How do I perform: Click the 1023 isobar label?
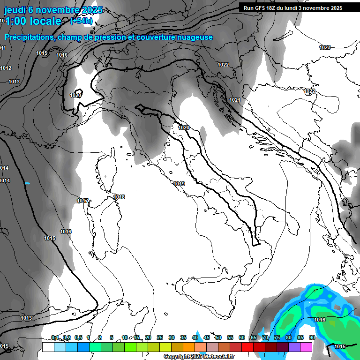click(325, 47)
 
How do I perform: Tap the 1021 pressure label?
click(235, 100)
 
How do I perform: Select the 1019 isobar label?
click(179, 184)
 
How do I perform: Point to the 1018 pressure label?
click(120, 197)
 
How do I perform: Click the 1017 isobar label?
click(82, 201)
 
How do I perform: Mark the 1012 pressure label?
click(6, 68)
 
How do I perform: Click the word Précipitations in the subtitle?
click(29, 37)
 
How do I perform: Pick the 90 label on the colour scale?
click(312, 337)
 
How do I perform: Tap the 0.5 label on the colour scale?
click(78, 337)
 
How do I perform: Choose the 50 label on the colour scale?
click(218, 337)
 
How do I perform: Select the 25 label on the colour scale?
click(160, 337)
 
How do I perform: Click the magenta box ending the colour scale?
click(306, 347)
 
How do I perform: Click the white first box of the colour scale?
click(48, 347)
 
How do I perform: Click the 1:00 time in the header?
click(18, 21)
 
